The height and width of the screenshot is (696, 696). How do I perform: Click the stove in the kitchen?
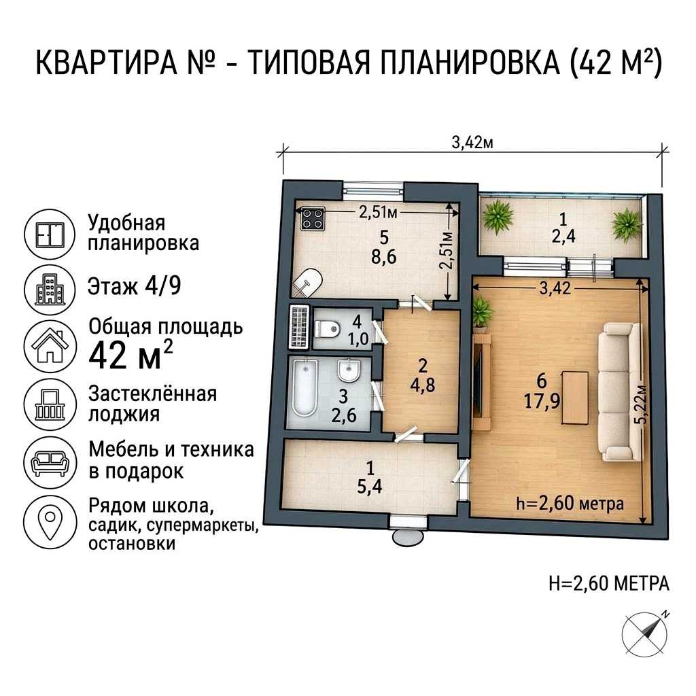[313, 219]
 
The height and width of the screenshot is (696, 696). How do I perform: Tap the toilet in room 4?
[327, 329]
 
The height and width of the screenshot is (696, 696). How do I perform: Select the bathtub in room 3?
[305, 387]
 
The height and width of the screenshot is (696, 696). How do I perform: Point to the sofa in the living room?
[620, 391]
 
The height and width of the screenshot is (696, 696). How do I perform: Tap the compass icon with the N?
[646, 632]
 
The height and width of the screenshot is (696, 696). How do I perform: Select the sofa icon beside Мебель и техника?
[50, 463]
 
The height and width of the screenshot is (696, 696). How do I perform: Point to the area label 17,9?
[542, 402]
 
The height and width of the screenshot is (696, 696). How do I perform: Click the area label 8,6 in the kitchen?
[383, 257]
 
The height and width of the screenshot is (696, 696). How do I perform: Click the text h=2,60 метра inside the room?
[570, 504]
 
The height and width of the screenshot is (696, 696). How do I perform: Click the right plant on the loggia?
[627, 225]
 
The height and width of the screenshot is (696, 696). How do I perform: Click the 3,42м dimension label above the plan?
[472, 143]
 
